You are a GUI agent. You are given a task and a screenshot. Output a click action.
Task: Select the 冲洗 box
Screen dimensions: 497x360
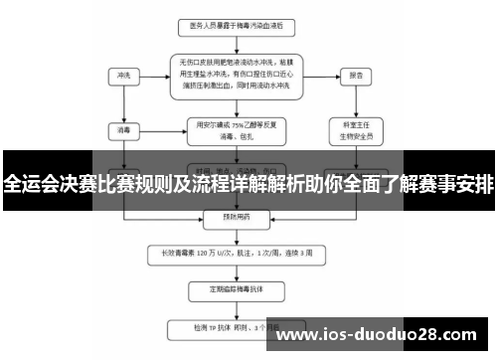[x=123, y=75]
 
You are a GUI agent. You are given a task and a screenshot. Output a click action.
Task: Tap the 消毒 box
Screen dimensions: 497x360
[x=123, y=128]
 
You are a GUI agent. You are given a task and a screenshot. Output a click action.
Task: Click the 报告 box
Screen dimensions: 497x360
[x=353, y=75]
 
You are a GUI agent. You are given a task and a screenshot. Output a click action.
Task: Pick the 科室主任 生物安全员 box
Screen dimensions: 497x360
[x=354, y=128]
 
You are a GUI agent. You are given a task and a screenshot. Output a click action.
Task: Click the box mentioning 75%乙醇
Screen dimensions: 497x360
[x=236, y=128]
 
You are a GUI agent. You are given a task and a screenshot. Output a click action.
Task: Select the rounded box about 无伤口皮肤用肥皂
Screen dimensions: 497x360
[x=236, y=75]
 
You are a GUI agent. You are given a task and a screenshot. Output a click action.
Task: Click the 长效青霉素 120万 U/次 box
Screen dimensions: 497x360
[x=236, y=252]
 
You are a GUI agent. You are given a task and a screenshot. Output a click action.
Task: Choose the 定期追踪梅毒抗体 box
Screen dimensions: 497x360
[x=236, y=288]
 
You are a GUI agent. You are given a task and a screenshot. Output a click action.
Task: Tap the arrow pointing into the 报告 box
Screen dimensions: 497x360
[x=326, y=75]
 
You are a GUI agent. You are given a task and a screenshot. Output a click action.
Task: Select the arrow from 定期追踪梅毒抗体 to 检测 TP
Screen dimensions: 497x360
[x=236, y=307]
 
